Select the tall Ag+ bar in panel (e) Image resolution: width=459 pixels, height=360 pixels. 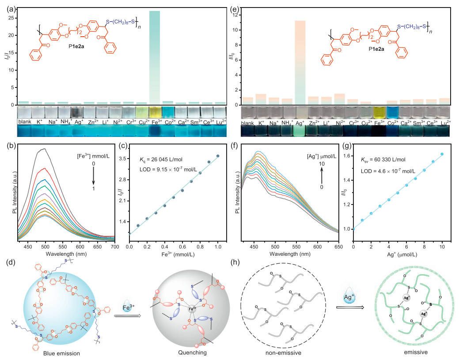300,62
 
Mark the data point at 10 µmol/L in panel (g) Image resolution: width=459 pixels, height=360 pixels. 442,154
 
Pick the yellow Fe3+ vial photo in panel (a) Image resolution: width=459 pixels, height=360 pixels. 155,111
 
